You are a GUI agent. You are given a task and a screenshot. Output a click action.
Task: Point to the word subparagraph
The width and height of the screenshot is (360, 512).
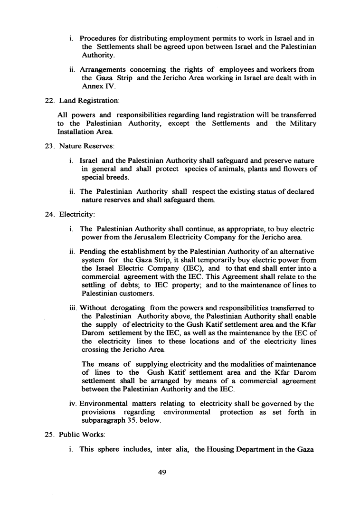(104, 420)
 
